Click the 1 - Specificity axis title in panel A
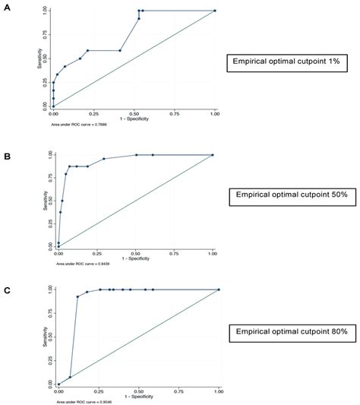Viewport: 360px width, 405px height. click(x=134, y=119)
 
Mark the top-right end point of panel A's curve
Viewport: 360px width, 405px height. click(x=215, y=11)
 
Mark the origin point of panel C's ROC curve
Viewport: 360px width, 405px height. click(x=58, y=384)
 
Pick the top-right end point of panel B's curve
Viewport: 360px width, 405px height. click(x=213, y=155)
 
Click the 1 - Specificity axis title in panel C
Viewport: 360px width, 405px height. click(x=138, y=396)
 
